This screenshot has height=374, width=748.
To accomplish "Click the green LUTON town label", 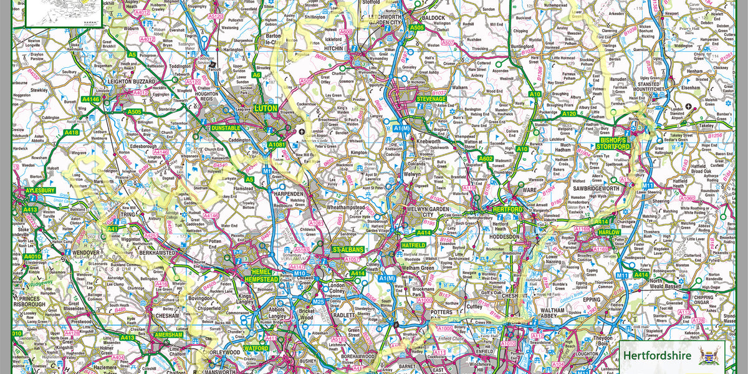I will (266, 108).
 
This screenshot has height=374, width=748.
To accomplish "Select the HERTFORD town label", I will (507, 209).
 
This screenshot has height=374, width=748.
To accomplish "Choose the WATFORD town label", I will (256, 348).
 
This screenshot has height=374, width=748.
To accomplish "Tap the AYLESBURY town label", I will (41, 190).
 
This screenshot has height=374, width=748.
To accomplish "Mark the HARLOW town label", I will (609, 232).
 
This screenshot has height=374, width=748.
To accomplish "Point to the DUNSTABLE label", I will (226, 128).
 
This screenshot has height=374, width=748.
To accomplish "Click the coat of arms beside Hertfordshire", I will (709, 356).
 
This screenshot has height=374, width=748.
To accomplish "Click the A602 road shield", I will (486, 159).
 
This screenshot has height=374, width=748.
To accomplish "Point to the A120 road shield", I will (568, 114).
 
